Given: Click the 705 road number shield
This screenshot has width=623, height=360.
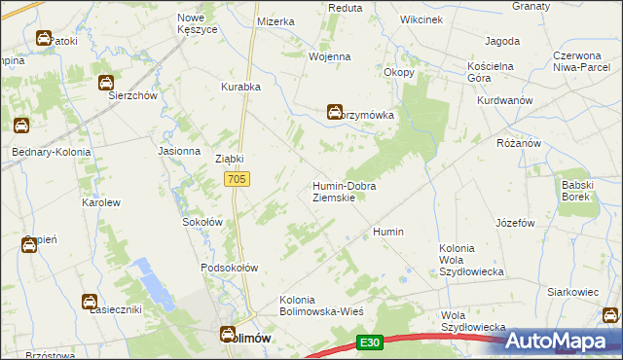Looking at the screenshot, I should (238, 179).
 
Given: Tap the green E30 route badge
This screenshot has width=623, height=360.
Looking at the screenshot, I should (368, 342).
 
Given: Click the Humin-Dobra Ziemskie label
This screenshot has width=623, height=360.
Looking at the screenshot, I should (344, 191).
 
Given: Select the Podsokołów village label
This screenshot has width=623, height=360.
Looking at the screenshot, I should (229, 268).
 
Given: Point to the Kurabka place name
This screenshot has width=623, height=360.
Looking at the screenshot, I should (240, 87).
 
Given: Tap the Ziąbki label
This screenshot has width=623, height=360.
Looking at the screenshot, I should (229, 159).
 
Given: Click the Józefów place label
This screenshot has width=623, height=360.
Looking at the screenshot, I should (515, 223).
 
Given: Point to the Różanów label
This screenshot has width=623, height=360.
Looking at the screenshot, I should (518, 143).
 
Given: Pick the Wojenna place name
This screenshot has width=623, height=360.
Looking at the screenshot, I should (329, 56).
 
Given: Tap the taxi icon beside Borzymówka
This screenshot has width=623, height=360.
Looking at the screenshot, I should (335, 112).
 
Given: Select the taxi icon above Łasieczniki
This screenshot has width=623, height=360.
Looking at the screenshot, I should (89, 302).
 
